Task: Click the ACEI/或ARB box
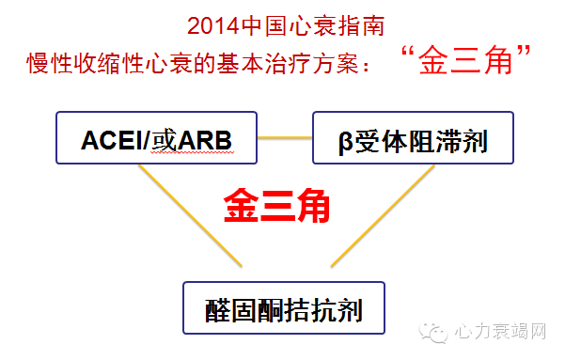pyautogui.click(x=156, y=142)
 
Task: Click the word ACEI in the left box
pyautogui.click(x=110, y=142)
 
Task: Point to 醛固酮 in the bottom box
pyautogui.click(x=247, y=307)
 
